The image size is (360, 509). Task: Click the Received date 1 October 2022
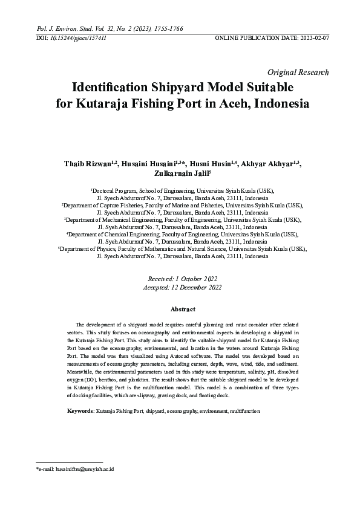coord(191,278)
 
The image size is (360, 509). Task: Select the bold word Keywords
coord(80,410)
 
